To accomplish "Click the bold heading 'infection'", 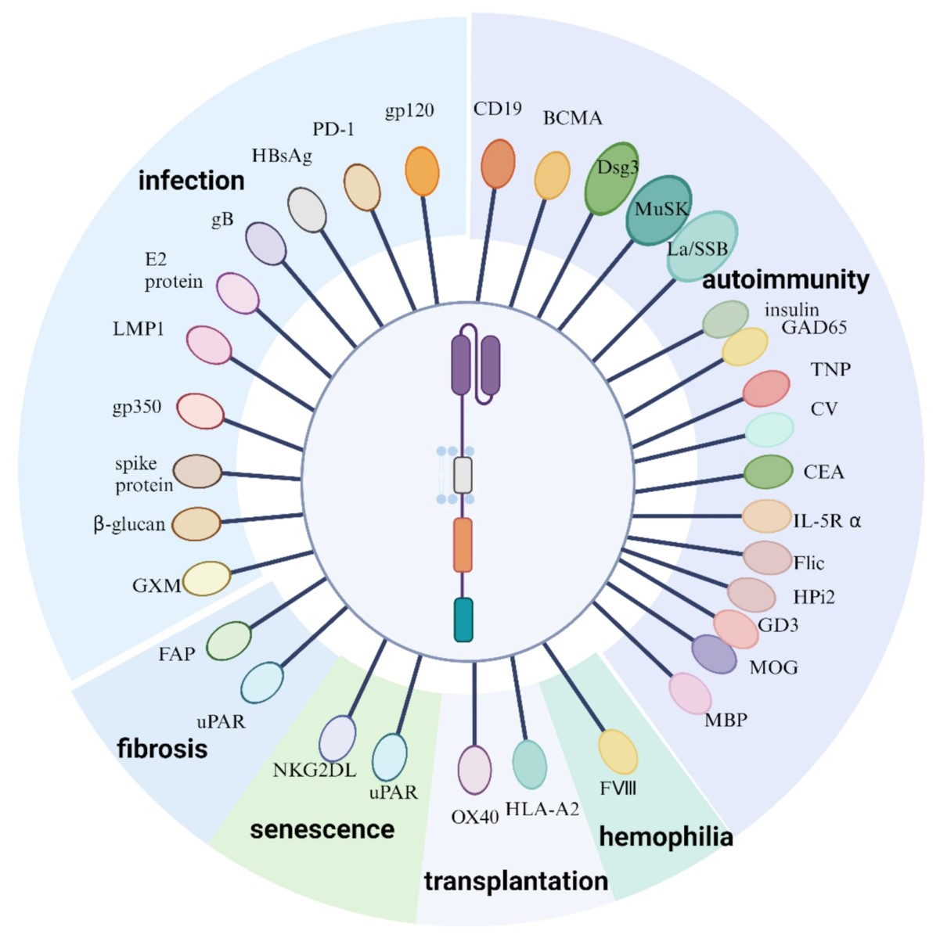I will (x=191, y=181).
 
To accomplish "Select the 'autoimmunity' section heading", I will (x=785, y=280).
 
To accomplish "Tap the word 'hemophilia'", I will (x=665, y=836).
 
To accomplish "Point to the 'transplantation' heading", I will (x=516, y=881).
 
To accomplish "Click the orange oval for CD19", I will (x=498, y=164).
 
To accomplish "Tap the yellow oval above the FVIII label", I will (x=618, y=752).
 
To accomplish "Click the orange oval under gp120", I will (x=422, y=171).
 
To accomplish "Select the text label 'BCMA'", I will (x=573, y=118).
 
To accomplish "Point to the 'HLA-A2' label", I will (x=542, y=809).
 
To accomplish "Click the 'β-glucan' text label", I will (x=129, y=524).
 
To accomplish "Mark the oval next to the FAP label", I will (x=229, y=641).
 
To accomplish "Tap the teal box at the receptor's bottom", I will (x=463, y=620).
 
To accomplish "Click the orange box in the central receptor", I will (x=463, y=544).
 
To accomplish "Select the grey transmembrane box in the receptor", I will (x=463, y=475).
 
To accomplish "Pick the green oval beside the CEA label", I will (x=768, y=472).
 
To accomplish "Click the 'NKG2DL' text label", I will (x=314, y=771).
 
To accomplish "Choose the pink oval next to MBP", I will (x=690, y=694).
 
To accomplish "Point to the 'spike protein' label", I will (x=143, y=474).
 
